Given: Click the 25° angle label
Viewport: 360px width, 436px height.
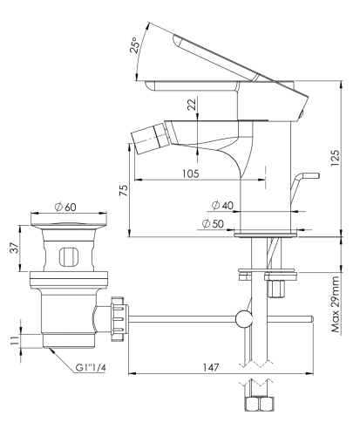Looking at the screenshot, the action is point(134,45).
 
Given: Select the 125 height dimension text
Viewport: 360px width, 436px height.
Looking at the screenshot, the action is point(335,158).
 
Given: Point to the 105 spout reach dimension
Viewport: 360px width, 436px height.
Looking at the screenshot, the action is point(191,174).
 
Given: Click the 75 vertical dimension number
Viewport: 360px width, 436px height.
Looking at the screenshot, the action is point(124,190).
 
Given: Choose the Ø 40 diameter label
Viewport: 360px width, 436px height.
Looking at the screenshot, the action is point(222,205).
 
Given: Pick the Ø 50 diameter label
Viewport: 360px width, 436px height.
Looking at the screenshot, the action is point(213,223).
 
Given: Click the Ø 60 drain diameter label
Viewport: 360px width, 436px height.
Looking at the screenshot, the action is point(65,207).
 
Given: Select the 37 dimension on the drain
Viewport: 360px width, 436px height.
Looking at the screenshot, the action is point(15,248).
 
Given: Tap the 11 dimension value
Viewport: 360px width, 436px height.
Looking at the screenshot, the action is point(15,340).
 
